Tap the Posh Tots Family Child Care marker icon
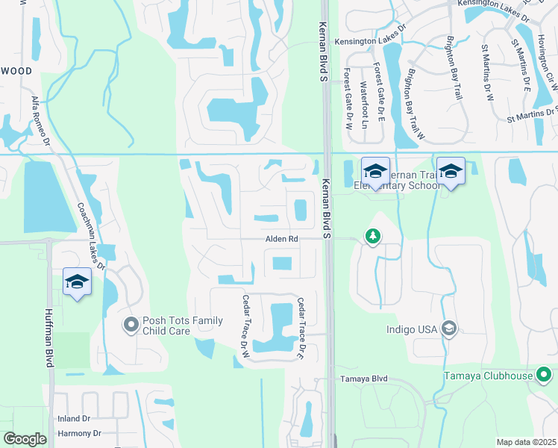[131, 324]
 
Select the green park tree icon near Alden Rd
[372, 237]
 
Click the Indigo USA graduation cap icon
[449, 328]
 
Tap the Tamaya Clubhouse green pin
[544, 375]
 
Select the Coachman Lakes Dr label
[90, 237]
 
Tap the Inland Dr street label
[74, 419]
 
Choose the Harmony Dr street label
[79, 433]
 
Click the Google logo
[25, 439]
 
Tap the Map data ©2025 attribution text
[525, 442]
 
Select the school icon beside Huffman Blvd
[76, 281]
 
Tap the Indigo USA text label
[411, 329]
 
